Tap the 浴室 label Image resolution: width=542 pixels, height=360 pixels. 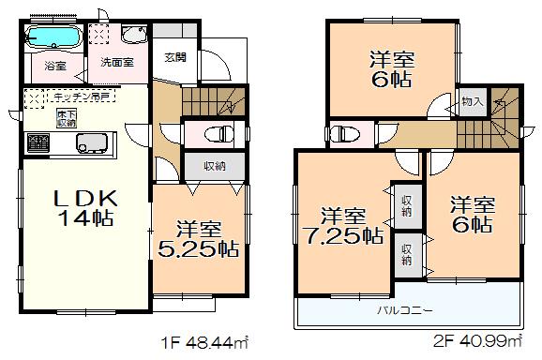(54, 66)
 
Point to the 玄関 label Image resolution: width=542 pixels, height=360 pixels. (175, 56)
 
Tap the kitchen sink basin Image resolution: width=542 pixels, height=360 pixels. (92, 143)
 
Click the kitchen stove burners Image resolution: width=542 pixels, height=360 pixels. (39, 143)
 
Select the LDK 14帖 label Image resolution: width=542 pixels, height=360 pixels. (82, 208)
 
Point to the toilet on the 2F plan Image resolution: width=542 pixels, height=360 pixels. (345, 132)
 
